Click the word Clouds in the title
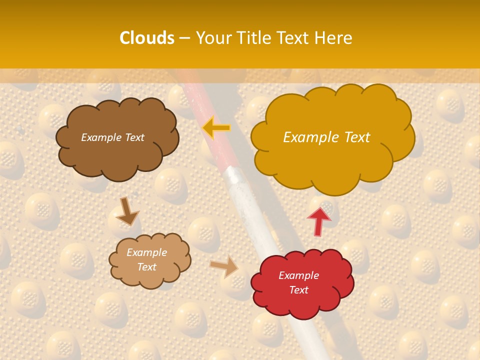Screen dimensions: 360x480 tap(147, 38)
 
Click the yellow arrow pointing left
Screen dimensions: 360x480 tap(216, 128)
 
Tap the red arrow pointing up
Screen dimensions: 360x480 tap(318, 220)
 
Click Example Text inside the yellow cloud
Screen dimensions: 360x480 tap(326, 137)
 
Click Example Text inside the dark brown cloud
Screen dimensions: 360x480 tap(112, 137)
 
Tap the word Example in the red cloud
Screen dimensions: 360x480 tap(298, 275)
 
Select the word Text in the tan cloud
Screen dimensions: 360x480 tap(146, 267)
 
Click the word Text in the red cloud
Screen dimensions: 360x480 tap(298, 290)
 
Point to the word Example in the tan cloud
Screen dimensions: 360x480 tap(146, 252)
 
